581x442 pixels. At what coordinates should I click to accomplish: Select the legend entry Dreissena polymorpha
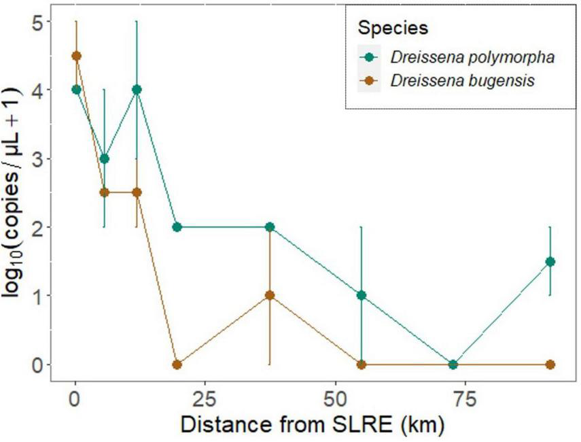(473, 57)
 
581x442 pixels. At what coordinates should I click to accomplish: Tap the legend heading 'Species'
(393, 29)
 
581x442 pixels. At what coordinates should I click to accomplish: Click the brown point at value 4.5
(76, 56)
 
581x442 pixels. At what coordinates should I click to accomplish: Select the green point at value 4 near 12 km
(137, 89)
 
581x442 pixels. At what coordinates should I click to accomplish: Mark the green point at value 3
(104, 158)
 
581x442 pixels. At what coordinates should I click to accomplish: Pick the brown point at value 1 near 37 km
(270, 295)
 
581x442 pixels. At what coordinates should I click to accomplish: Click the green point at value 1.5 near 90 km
(550, 262)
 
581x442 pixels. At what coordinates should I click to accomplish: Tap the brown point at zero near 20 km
(177, 364)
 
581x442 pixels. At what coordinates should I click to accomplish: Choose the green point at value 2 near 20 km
(177, 227)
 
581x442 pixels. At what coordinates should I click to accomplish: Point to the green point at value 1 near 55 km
(362, 295)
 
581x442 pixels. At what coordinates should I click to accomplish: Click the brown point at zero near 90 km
(550, 364)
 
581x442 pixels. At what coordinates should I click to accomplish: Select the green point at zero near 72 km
(453, 364)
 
